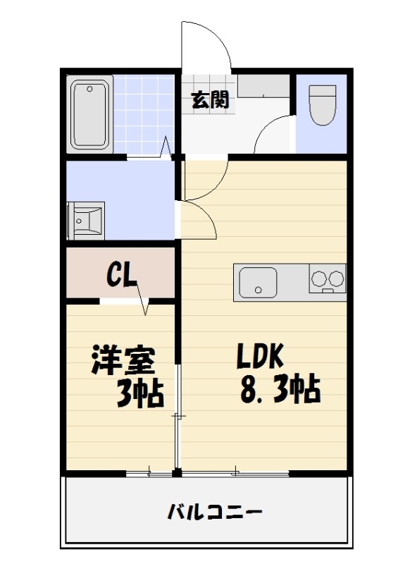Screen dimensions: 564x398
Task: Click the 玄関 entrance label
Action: pyautogui.click(x=210, y=100)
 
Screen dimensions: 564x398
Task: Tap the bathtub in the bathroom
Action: pyautogui.click(x=91, y=114)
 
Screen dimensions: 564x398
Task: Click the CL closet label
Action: pyautogui.click(x=121, y=274)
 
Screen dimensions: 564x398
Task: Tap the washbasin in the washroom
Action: pyautogui.click(x=85, y=221)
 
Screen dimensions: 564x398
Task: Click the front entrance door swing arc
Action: pyautogui.click(x=206, y=46)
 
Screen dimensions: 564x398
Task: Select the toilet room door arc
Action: pyautogui.click(x=270, y=134)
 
